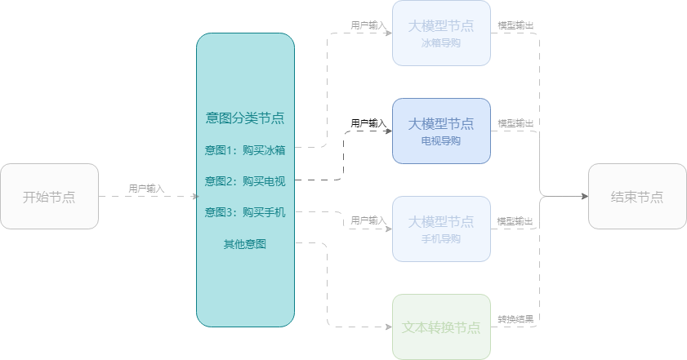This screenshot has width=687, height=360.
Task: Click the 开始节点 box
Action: tap(50, 196)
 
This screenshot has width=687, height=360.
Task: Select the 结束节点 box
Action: tap(637, 196)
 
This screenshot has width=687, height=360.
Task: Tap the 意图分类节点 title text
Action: tap(245, 118)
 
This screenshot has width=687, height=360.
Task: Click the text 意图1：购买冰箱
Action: tap(245, 150)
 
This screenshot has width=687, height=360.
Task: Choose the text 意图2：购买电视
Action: tap(245, 181)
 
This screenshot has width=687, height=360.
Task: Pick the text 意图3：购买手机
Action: tap(245, 212)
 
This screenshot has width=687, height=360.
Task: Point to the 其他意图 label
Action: tap(245, 243)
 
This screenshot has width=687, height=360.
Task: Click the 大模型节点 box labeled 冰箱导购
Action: tap(441, 33)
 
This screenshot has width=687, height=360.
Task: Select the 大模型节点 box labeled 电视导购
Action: tap(441, 131)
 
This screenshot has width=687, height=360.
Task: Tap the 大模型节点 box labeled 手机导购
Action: tap(441, 229)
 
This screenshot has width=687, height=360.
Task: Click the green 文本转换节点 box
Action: tap(441, 327)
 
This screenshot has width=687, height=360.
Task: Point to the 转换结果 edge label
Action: tap(515, 318)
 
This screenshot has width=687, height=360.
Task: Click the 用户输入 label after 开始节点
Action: tap(146, 189)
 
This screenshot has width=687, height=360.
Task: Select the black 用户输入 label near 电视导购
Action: tap(368, 123)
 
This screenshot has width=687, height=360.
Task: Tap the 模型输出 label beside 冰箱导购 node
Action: tap(515, 25)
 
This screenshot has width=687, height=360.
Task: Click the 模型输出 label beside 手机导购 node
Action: tap(515, 221)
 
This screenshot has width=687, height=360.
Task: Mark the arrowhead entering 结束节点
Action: tap(585, 196)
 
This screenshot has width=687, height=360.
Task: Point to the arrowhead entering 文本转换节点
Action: tap(389, 327)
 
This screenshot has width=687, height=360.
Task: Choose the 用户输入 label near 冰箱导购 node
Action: tap(368, 25)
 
